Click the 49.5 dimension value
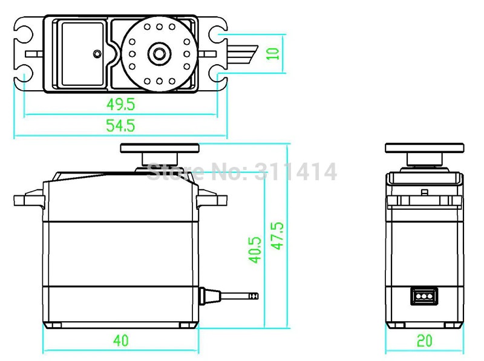pos(120,104)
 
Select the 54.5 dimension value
pos(120,125)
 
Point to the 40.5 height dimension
pos(255,249)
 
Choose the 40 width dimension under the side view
pos(120,340)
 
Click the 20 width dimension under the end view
pos(425,340)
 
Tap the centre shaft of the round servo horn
pos(159,53)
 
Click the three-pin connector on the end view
pos(423,296)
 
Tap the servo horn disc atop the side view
pos(160,148)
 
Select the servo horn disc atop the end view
pos(425,148)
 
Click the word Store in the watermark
pos(174,172)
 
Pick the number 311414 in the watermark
pos(296,172)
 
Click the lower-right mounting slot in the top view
pos(216,74)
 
